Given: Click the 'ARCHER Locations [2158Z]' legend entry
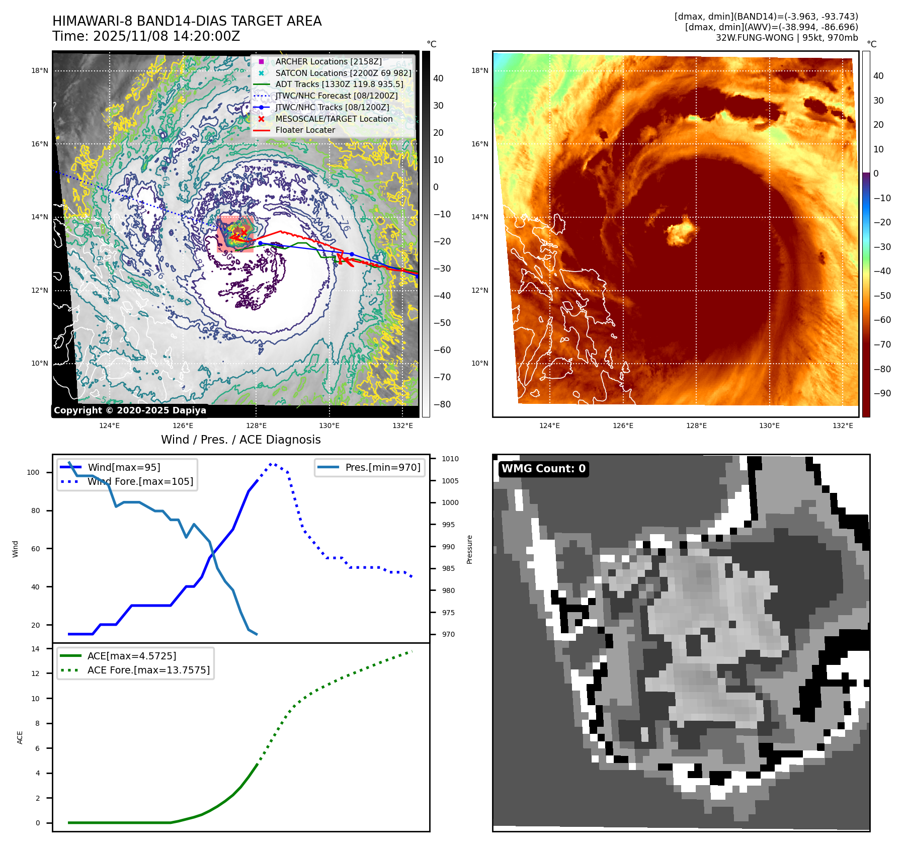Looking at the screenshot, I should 328,61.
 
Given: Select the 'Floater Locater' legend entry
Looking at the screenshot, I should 305,130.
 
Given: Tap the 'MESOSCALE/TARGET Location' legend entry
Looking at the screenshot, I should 334,119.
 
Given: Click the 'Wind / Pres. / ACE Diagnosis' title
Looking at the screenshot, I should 240,440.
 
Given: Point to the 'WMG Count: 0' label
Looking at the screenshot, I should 543,469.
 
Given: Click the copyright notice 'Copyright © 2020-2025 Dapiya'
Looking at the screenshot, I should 130,410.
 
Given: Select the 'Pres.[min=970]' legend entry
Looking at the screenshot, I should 382,467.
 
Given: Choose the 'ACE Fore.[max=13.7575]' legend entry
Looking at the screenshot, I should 148,670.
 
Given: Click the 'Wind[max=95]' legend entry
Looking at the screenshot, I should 124,467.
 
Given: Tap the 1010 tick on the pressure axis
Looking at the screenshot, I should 450,459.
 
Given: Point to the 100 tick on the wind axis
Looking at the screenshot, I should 33,472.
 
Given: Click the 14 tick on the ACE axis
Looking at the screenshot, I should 35,649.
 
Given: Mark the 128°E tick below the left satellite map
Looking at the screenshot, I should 256,426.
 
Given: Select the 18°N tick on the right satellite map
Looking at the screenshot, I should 479,70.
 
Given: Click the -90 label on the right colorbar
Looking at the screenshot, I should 882,393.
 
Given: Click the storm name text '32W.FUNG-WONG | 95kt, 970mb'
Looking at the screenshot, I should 787,38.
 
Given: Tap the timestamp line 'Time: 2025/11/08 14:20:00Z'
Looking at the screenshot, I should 146,36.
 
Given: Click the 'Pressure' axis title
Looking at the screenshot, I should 469,549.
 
